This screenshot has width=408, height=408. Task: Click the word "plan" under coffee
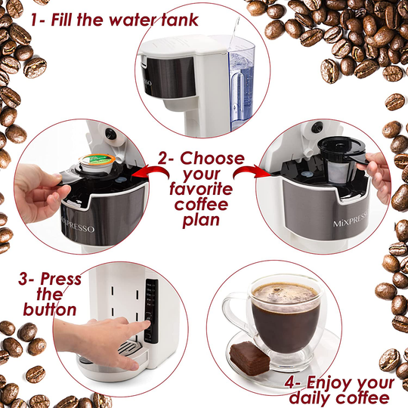[x=201, y=221]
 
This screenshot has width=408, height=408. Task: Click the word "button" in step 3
[x=50, y=309]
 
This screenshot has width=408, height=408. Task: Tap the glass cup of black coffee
[x=286, y=317]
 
